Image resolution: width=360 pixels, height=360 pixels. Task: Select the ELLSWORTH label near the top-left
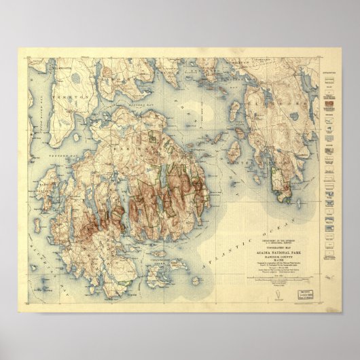pyautogui.click(x=50, y=87)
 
